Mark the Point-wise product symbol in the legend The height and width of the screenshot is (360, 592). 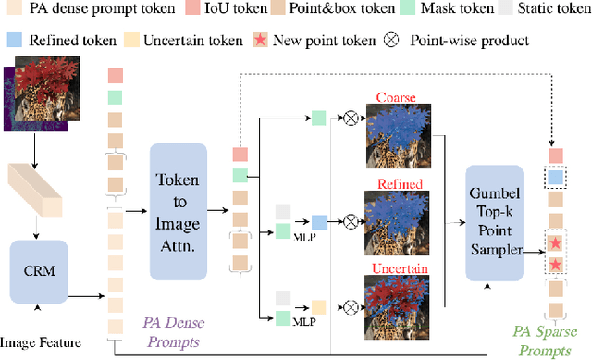coord(392,40)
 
